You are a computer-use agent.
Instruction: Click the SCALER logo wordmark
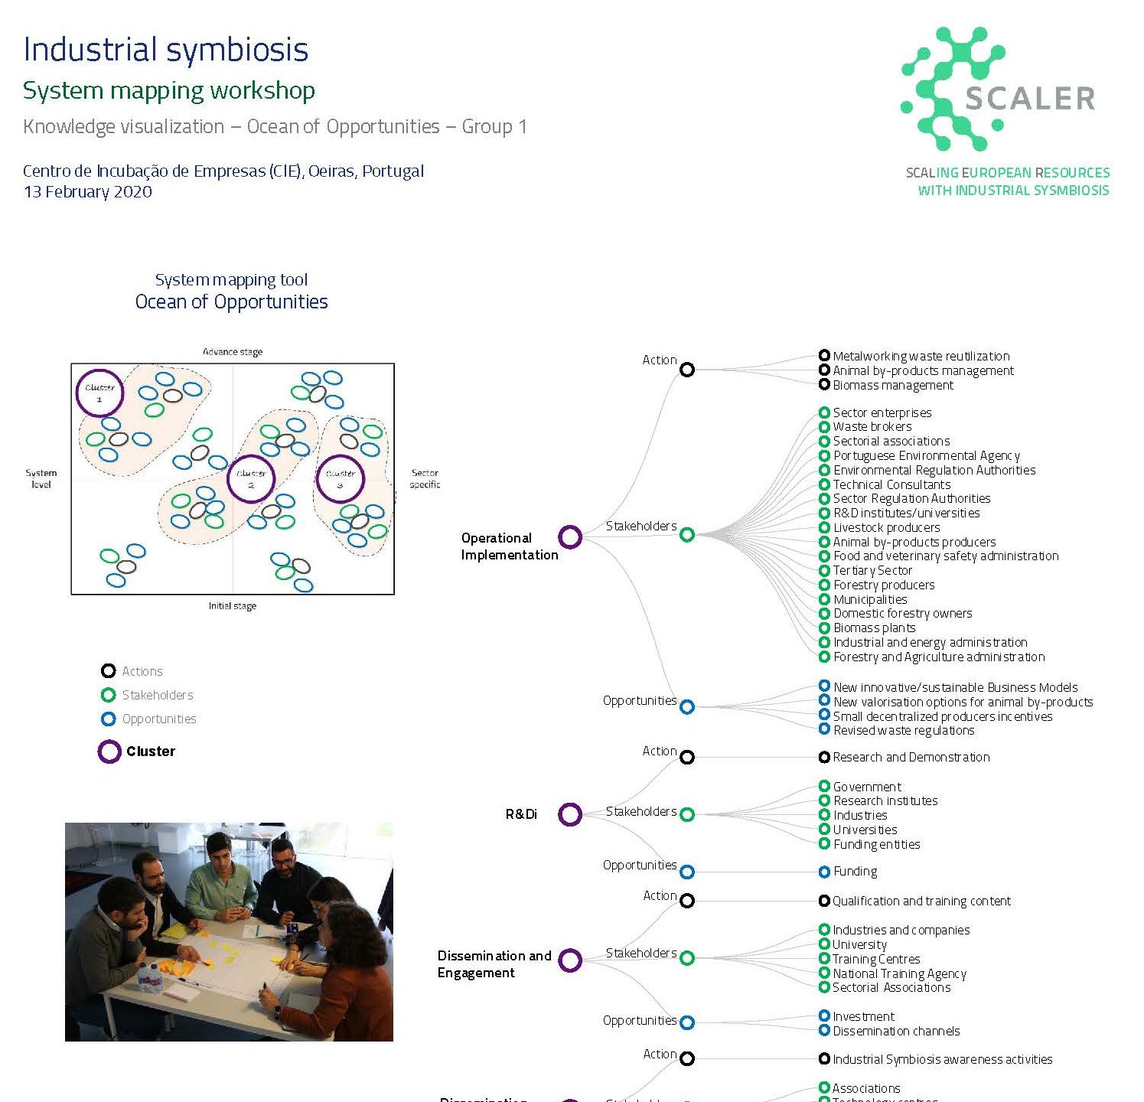point(1029,99)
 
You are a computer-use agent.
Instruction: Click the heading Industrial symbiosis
point(165,50)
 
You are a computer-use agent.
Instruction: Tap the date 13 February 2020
point(87,191)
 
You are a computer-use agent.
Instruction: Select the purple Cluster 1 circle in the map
point(99,393)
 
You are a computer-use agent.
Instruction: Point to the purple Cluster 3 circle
point(341,479)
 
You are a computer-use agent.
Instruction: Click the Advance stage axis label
point(232,352)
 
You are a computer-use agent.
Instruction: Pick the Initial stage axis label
point(232,606)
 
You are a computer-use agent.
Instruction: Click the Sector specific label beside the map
point(425,478)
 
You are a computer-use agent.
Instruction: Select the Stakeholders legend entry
point(157,695)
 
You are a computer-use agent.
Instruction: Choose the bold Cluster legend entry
point(150,752)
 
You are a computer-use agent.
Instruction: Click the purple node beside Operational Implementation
point(570,537)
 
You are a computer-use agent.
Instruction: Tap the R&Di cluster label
point(521,814)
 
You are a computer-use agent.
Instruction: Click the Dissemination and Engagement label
point(494,964)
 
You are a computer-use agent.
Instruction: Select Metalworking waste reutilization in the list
point(921,356)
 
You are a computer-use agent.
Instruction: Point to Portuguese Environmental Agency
point(926,455)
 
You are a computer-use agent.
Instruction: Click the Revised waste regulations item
point(903,730)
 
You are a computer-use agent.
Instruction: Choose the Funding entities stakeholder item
point(876,844)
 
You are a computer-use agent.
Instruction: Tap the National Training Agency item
point(899,973)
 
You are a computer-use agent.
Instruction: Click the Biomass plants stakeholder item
point(874,628)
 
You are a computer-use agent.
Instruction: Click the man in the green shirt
point(222,888)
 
